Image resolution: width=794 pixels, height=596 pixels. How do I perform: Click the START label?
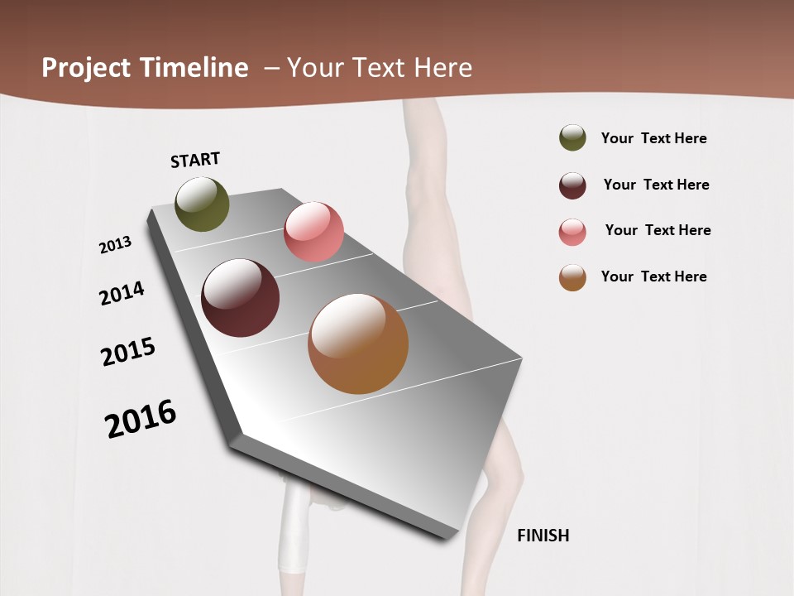(195, 160)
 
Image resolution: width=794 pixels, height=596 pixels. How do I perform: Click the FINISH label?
(543, 536)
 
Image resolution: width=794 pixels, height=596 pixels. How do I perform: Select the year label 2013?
(115, 245)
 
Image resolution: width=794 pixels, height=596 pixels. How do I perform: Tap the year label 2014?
(122, 293)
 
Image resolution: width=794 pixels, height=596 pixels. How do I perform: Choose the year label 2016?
(141, 418)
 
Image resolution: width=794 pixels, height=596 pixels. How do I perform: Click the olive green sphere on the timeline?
(202, 204)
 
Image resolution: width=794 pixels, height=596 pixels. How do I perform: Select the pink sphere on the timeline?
(313, 232)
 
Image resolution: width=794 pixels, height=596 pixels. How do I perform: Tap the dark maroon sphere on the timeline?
(240, 298)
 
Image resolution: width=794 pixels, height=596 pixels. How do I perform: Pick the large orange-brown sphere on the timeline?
(358, 344)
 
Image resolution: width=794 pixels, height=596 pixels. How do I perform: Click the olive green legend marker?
(572, 138)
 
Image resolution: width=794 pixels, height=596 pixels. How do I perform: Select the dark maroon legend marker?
(572, 185)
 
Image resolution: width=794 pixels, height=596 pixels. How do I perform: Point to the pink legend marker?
(572, 231)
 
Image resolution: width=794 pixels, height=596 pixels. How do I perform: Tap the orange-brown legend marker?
(572, 277)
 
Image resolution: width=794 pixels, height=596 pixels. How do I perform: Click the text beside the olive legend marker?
(653, 138)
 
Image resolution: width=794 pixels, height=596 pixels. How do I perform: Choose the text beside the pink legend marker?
(658, 230)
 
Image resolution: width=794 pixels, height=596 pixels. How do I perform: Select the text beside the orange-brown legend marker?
(653, 276)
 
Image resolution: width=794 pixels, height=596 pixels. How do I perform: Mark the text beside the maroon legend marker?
(656, 185)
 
